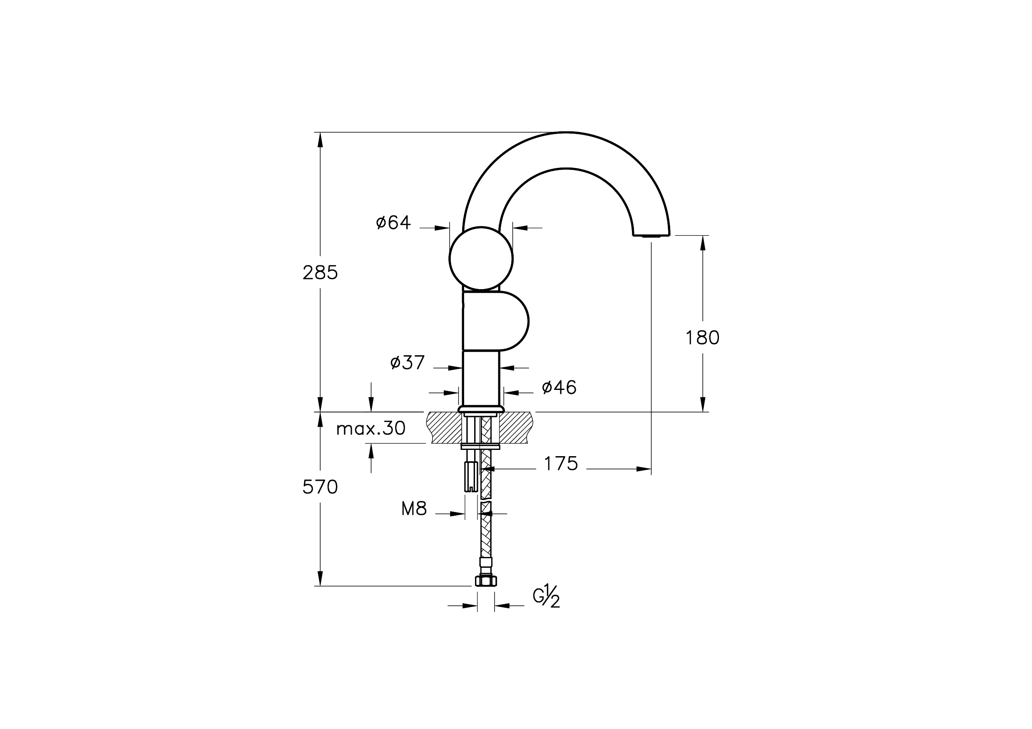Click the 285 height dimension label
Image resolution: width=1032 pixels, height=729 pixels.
point(320,272)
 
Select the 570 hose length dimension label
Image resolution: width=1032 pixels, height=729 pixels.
point(320,487)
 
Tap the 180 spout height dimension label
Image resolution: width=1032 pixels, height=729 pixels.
point(702,338)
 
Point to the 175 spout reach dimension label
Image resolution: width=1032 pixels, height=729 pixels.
point(561,464)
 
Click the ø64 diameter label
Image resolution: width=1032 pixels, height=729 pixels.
point(393,222)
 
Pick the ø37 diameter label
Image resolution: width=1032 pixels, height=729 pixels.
point(407,362)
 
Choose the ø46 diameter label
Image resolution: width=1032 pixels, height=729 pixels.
point(559,387)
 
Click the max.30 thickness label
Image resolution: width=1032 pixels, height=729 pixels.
point(371,429)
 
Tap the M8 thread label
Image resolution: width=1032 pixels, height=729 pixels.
point(414,509)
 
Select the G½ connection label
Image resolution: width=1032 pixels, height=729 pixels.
point(547,597)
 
